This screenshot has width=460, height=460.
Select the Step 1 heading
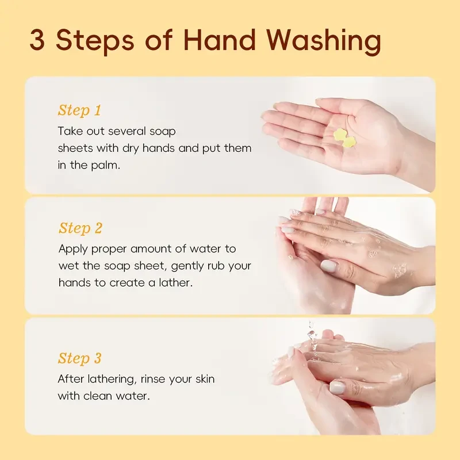(79, 110)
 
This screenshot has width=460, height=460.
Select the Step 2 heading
(80, 228)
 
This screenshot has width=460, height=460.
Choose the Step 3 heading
(79, 358)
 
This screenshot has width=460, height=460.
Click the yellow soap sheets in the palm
(342, 136)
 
